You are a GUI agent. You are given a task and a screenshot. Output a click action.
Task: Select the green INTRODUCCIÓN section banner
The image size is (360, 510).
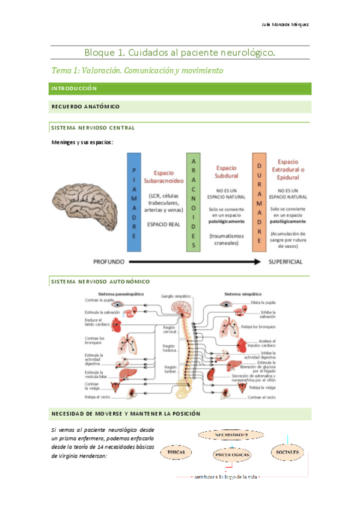click(x=180, y=88)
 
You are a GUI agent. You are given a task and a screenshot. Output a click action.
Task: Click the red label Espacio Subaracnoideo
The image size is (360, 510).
click(x=164, y=176)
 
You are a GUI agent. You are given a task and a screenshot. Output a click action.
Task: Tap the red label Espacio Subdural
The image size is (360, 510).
click(x=227, y=172)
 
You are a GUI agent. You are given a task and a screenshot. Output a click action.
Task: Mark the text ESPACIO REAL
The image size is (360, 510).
click(x=163, y=222)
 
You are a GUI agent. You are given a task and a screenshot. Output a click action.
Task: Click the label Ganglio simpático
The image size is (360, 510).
click(x=175, y=296)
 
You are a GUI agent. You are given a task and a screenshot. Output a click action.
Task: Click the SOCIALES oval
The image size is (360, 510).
click(x=287, y=450)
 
